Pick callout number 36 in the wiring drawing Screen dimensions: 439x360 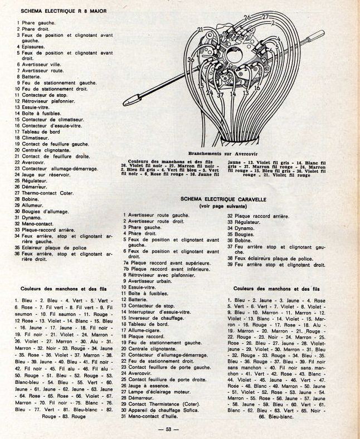(191, 60)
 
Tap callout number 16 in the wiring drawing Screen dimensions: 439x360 (256, 87)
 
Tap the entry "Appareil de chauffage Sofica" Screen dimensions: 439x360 (170, 409)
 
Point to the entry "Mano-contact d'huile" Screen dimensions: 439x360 (156, 416)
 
